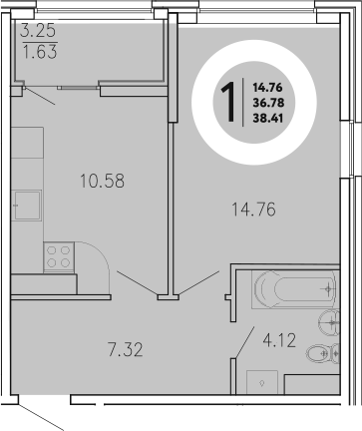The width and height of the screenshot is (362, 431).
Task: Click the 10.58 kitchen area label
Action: [103, 181]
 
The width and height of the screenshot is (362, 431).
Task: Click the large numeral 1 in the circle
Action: [228, 101]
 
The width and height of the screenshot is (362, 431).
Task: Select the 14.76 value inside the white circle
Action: [266, 87]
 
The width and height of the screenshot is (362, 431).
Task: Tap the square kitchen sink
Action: [27, 209]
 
